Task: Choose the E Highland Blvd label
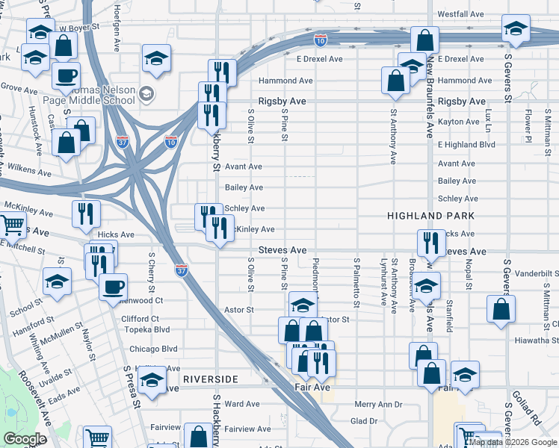(466, 144)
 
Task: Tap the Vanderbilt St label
(537, 274)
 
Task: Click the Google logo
(25, 438)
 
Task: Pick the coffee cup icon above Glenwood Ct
(113, 286)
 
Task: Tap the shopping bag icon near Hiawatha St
(501, 308)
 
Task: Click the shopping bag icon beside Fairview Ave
(198, 437)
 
